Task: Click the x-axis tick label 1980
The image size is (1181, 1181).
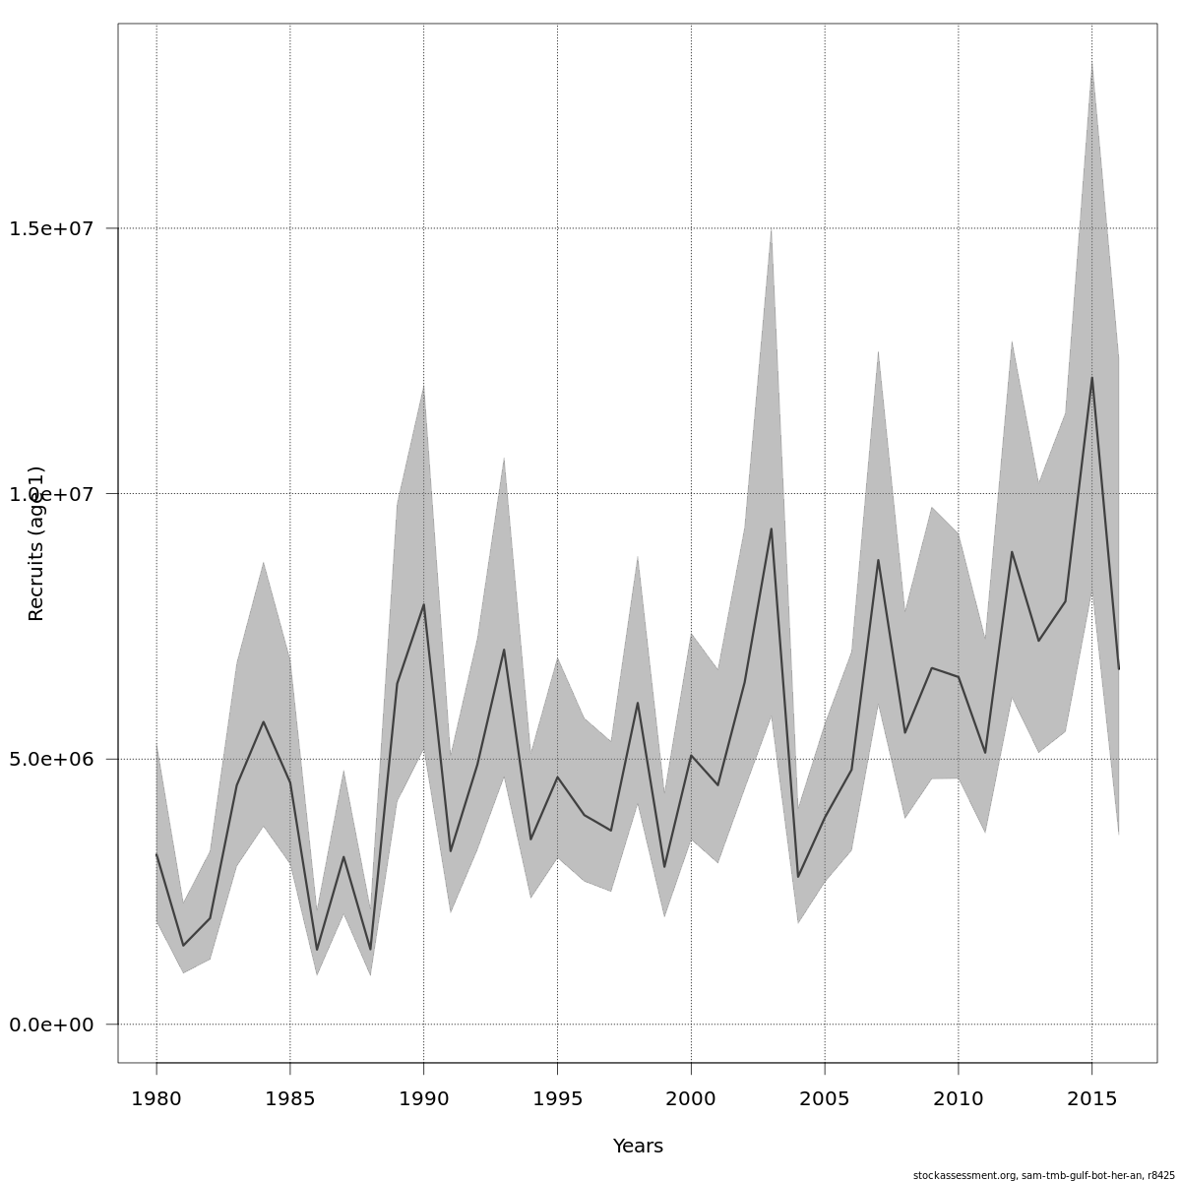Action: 156,1098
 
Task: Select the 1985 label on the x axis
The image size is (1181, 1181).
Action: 290,1098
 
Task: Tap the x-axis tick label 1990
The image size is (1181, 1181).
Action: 423,1098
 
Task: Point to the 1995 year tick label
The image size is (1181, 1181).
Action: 557,1098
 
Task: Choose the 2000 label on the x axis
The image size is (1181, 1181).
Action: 691,1098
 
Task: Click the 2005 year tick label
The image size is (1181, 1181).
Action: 825,1098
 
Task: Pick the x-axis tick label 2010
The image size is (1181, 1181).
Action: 958,1098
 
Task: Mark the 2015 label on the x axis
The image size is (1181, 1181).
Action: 1091,1098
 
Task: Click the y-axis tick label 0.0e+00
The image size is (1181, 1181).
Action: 51,1025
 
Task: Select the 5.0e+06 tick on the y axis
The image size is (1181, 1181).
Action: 51,759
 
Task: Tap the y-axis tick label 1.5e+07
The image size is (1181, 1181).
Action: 51,228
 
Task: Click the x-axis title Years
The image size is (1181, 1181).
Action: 638,1147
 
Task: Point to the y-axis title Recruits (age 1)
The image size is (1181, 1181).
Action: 36,543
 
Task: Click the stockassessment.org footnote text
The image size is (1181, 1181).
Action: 1043,1175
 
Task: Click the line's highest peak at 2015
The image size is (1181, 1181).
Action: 1091,378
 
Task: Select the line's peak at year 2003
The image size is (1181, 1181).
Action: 772,528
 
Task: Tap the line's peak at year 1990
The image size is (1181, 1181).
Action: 423,604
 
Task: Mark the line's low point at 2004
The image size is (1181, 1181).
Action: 798,877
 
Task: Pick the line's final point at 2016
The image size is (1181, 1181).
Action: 1118,669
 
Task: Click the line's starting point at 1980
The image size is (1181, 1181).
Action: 156,854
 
